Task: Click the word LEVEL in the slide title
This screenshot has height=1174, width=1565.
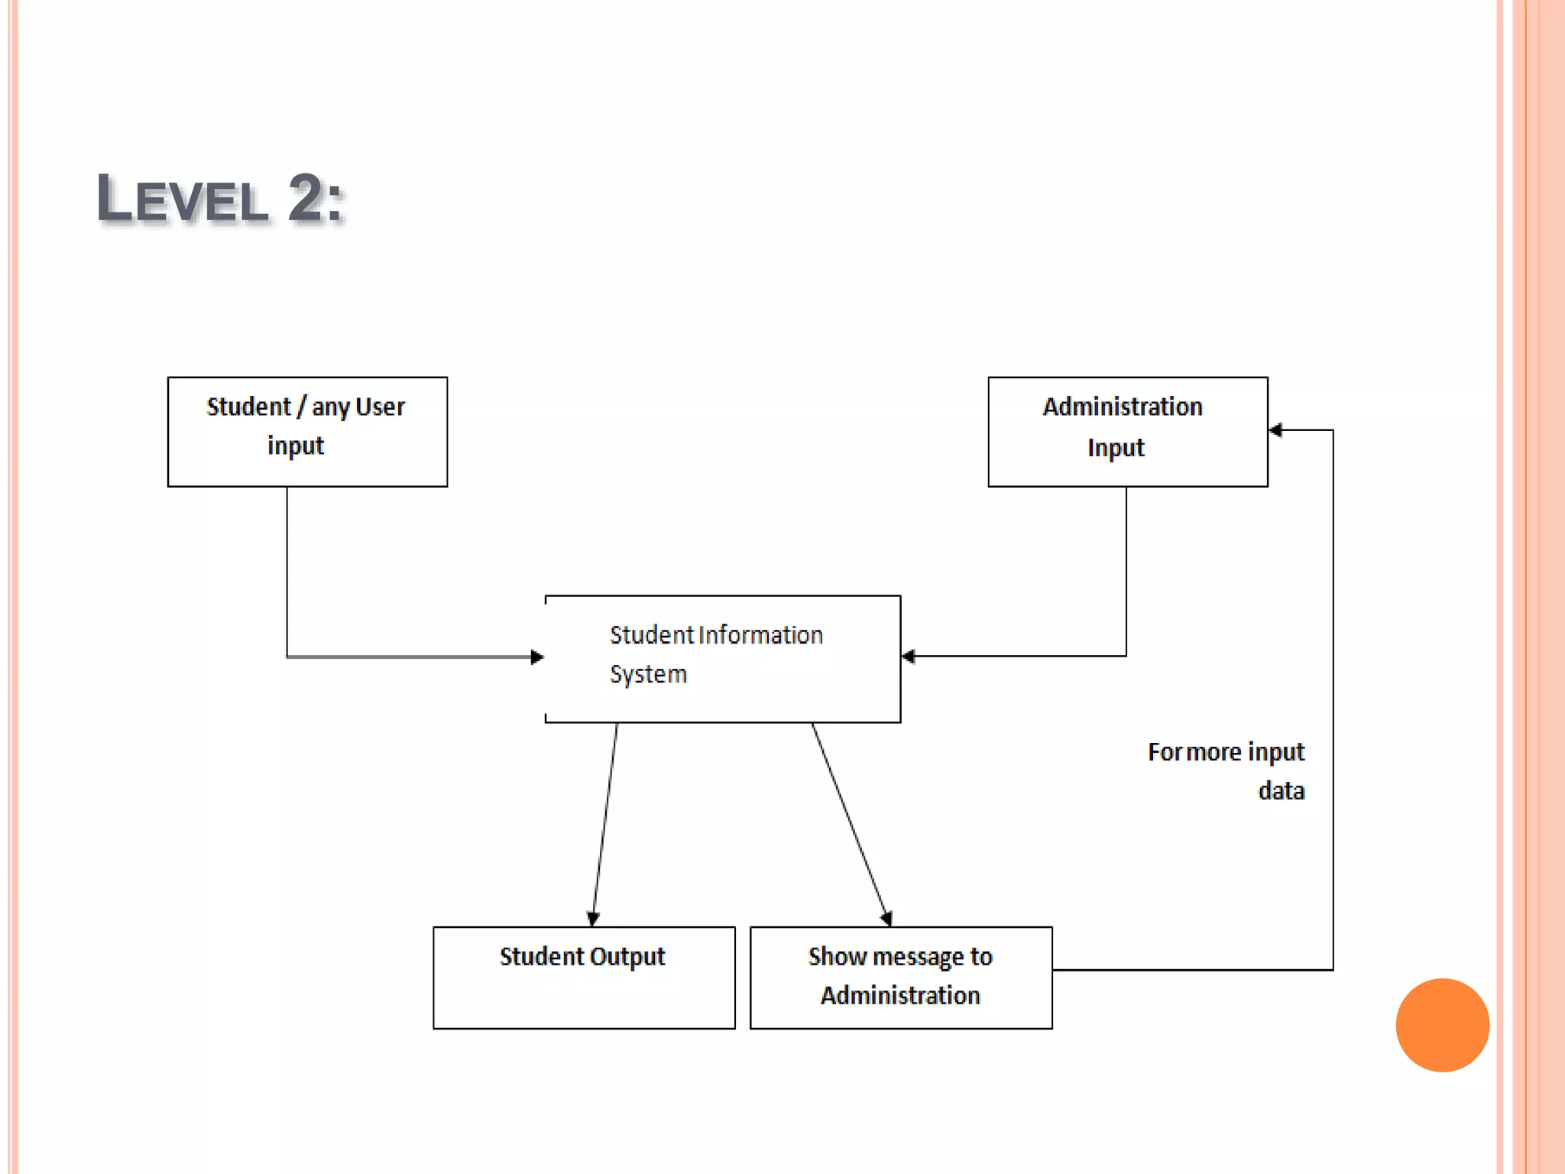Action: click(x=183, y=199)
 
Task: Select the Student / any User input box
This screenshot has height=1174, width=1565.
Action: click(x=307, y=432)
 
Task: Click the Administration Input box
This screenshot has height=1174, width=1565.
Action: click(x=1127, y=432)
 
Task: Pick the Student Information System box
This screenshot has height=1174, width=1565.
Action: click(x=723, y=659)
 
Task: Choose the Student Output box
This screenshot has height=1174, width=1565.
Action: click(x=584, y=978)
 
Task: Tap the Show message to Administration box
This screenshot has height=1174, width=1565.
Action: click(x=901, y=978)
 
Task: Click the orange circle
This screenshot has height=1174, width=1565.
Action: click(x=1442, y=1025)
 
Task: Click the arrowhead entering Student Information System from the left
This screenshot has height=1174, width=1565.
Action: click(x=537, y=657)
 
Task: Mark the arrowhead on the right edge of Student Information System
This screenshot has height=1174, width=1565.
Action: click(x=909, y=656)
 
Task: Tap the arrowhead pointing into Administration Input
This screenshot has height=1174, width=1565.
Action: click(x=1275, y=430)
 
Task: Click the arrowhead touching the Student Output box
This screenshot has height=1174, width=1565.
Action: click(x=593, y=919)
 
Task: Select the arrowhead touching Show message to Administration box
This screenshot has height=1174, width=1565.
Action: click(x=886, y=918)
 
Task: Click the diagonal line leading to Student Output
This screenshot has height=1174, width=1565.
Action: click(x=605, y=822)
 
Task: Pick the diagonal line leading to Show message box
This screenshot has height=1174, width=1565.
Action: click(x=849, y=822)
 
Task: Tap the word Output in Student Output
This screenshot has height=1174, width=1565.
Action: click(x=627, y=956)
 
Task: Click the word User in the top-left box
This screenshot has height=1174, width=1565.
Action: click(x=380, y=407)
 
